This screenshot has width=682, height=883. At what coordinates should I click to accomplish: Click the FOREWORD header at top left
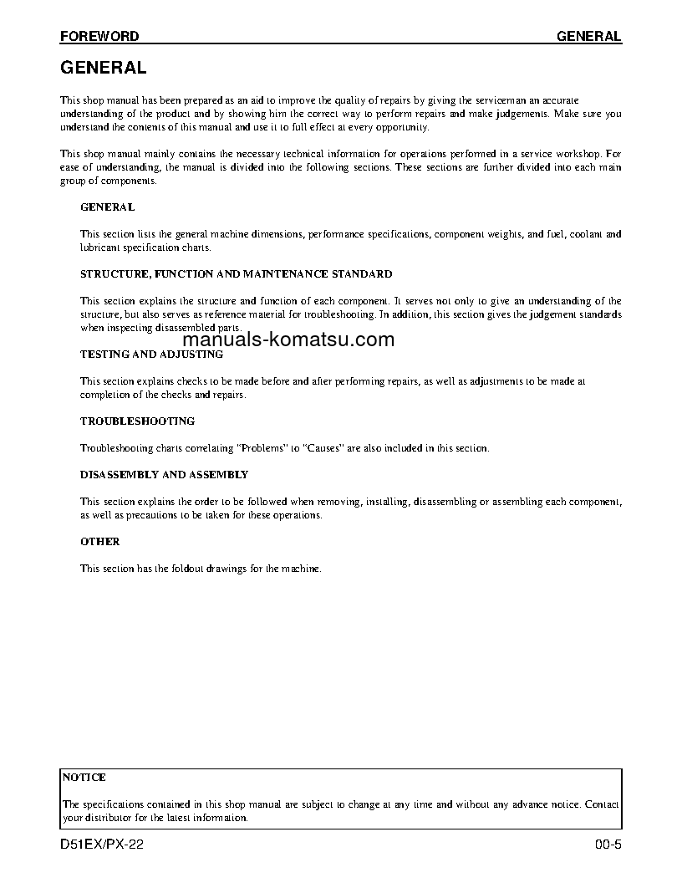[99, 36]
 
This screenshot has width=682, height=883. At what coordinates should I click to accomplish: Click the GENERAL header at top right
[588, 36]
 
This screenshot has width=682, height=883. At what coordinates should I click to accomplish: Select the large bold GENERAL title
[104, 68]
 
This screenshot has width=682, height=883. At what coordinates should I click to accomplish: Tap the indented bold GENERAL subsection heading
[107, 207]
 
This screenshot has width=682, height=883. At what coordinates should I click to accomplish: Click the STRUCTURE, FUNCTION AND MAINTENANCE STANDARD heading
[236, 273]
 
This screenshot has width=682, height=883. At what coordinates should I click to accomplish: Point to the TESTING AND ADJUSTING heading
[151, 354]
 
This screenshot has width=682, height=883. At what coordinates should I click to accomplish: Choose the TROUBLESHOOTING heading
[137, 421]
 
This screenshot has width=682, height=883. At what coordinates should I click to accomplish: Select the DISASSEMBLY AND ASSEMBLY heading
[164, 474]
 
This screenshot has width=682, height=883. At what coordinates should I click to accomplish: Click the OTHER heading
[100, 541]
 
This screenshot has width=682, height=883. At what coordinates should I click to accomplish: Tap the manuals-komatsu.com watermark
[288, 339]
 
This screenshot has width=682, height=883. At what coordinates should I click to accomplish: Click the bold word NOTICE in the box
[84, 777]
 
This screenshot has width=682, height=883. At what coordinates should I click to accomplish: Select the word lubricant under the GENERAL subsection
[100, 248]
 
